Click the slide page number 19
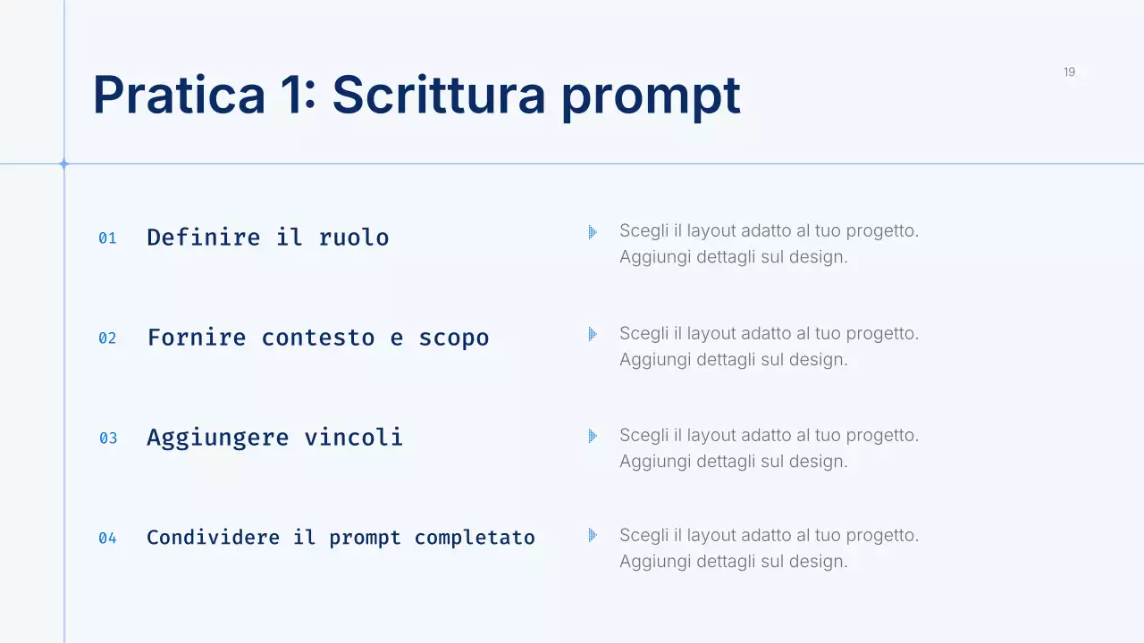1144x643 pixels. click(1069, 72)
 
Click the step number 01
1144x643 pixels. click(107, 238)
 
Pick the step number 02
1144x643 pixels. click(107, 338)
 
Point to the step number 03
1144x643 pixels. click(108, 438)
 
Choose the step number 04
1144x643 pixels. click(107, 539)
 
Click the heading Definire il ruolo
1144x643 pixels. click(267, 238)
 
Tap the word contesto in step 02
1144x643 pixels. click(317, 338)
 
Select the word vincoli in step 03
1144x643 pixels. click(353, 438)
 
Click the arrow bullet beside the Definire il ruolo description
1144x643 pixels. click(593, 232)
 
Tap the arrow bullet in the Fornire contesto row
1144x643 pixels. click(593, 334)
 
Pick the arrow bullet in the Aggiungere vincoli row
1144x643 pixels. click(593, 436)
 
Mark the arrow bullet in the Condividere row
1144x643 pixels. click(593, 536)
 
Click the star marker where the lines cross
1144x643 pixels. click(63, 163)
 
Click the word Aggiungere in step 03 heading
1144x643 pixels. click(217, 438)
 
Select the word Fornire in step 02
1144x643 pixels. click(197, 338)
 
